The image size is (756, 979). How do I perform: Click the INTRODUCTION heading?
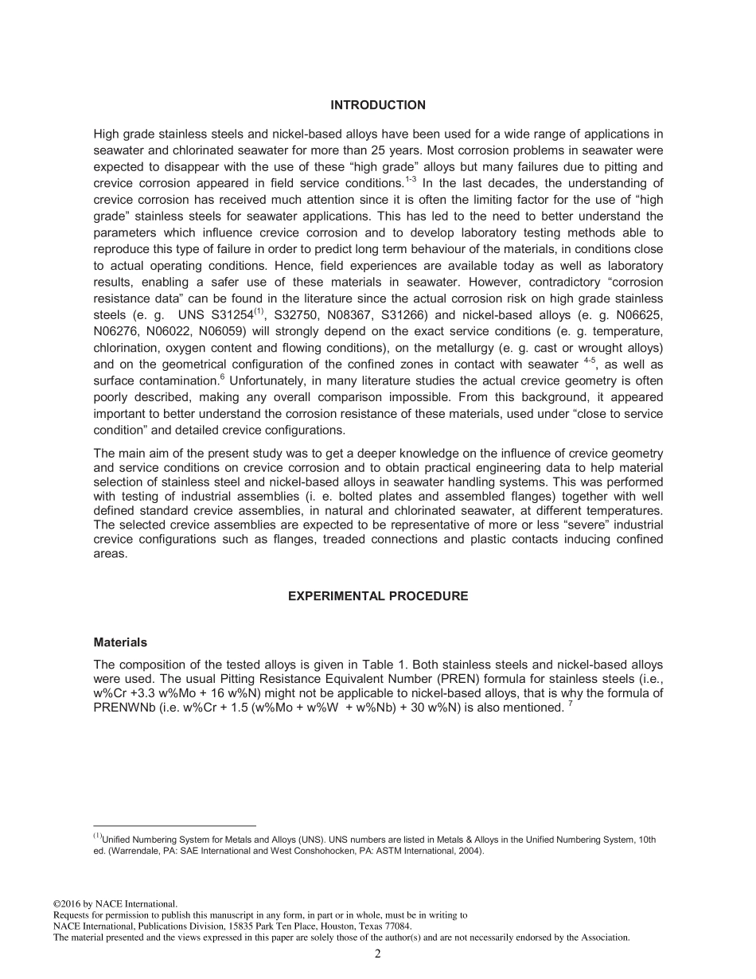click(x=378, y=105)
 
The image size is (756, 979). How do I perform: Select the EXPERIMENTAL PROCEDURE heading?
click(x=378, y=596)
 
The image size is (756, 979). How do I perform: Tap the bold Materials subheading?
click(x=120, y=642)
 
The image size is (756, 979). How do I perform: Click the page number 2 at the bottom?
click(x=378, y=954)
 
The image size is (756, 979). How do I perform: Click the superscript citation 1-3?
click(x=412, y=178)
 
